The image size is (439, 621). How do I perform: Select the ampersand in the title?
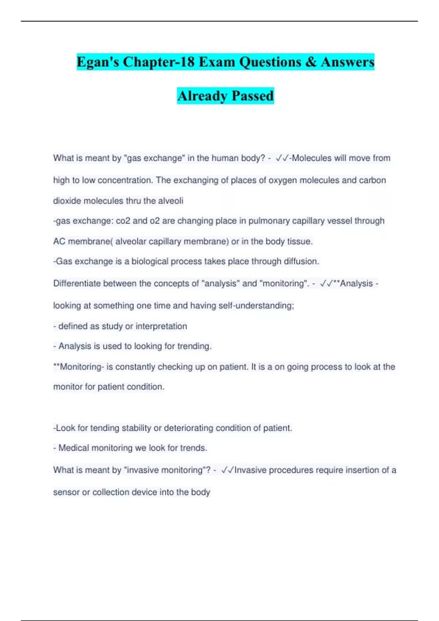311,62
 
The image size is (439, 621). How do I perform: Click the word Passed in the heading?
252,96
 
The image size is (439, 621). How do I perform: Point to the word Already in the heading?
202,96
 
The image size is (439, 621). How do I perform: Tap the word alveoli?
171,201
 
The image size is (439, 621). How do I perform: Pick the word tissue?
300,241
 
